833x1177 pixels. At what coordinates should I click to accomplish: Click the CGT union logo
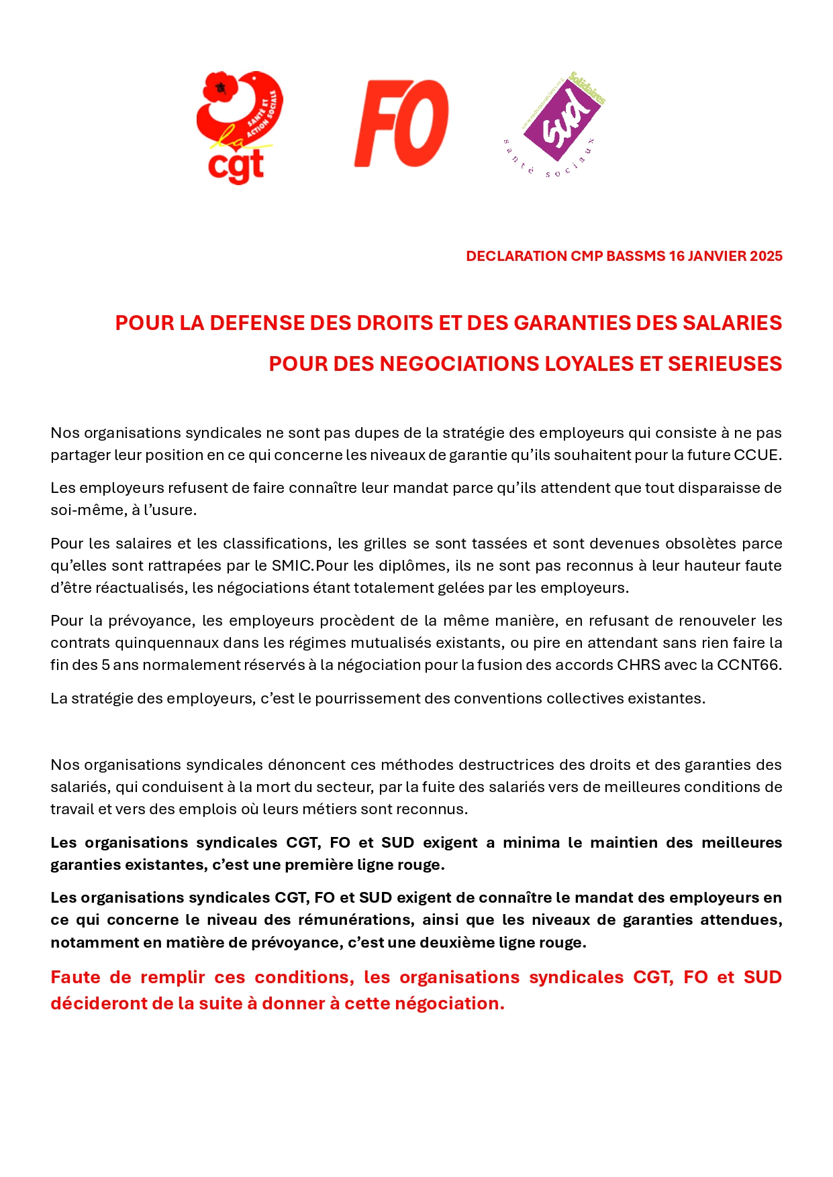(x=239, y=127)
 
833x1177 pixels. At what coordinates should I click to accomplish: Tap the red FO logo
(x=401, y=123)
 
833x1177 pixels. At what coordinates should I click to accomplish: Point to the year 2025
(x=766, y=256)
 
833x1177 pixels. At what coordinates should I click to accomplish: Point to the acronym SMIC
(x=292, y=566)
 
